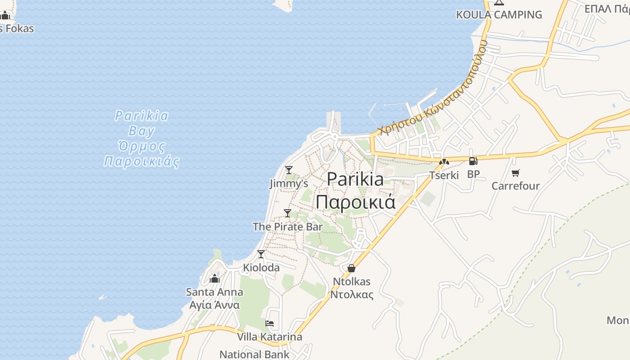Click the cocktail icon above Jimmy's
[x=289, y=170]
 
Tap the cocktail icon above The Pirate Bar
[x=288, y=213]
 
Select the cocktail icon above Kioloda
[x=261, y=254]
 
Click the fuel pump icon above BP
[x=473, y=161]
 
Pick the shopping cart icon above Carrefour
[x=516, y=173]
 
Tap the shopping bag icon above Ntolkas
[x=351, y=268]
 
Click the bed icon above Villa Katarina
[x=270, y=324]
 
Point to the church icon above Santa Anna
[x=215, y=279]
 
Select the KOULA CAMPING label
[x=499, y=15]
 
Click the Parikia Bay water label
[x=142, y=123]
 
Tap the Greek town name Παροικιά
[x=355, y=202]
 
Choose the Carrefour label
[x=515, y=186]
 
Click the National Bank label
[x=255, y=354]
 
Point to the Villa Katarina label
[x=270, y=337]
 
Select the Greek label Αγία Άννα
[x=215, y=305]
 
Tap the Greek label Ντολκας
[x=352, y=295]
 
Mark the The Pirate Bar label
[x=288, y=226]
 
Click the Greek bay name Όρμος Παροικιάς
[x=142, y=154]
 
